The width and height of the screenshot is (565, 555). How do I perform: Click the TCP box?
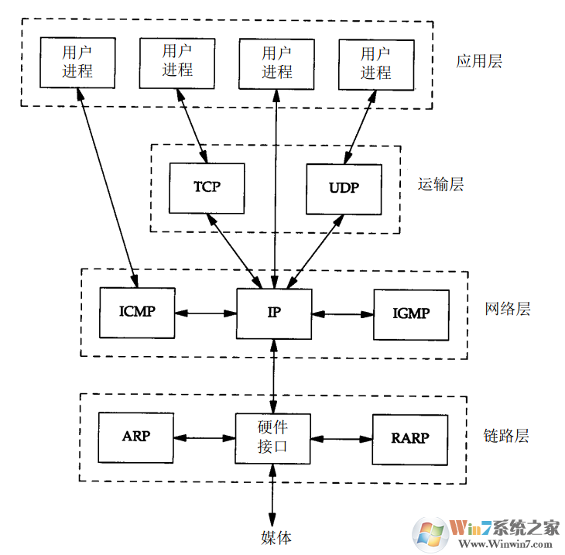206,188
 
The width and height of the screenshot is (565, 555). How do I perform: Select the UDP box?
344,189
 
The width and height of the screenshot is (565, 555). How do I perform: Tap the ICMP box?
137,313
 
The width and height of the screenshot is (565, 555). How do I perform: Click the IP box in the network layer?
273,313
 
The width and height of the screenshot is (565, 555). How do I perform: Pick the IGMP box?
411,314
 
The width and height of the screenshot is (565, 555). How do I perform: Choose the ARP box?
136,436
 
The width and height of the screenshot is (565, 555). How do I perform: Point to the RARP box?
410,438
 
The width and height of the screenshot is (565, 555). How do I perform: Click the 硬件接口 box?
273,437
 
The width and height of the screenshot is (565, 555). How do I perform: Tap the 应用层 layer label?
478,62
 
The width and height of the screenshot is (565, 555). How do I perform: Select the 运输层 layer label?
440,185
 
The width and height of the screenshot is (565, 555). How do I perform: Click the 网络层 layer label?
508,310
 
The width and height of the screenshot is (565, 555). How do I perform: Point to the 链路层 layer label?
506,436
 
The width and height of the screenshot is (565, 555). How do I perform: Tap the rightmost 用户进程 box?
376,63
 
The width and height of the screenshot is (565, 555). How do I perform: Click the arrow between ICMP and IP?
205,313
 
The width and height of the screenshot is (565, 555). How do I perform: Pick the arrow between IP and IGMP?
343,314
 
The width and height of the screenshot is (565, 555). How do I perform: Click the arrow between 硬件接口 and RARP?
342,438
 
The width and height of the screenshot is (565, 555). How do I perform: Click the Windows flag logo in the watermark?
430,532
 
